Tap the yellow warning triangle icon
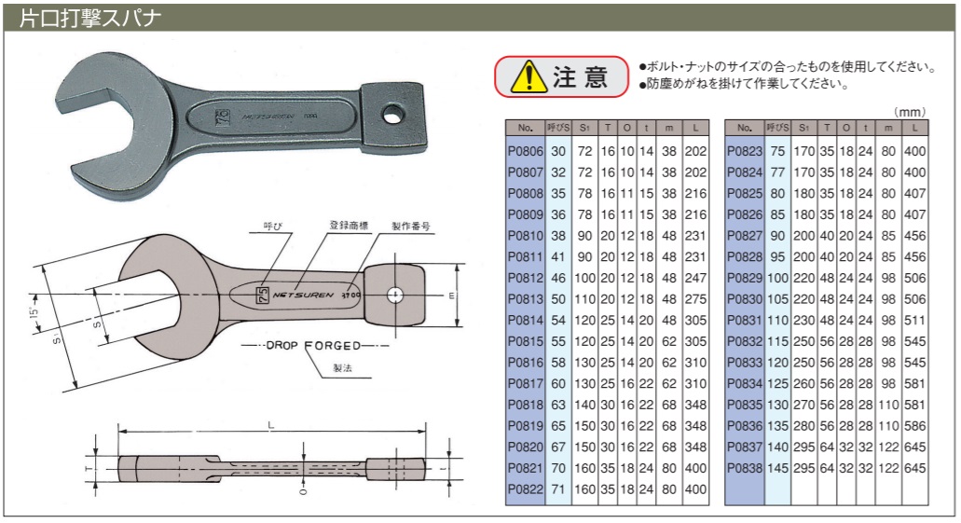(x=528, y=77)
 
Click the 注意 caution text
(x=580, y=77)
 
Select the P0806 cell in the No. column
(x=523, y=151)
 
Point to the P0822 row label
(x=523, y=489)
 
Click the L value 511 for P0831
(x=915, y=320)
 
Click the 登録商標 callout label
(x=348, y=226)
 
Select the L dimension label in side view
(x=269, y=425)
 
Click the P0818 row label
(x=523, y=405)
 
